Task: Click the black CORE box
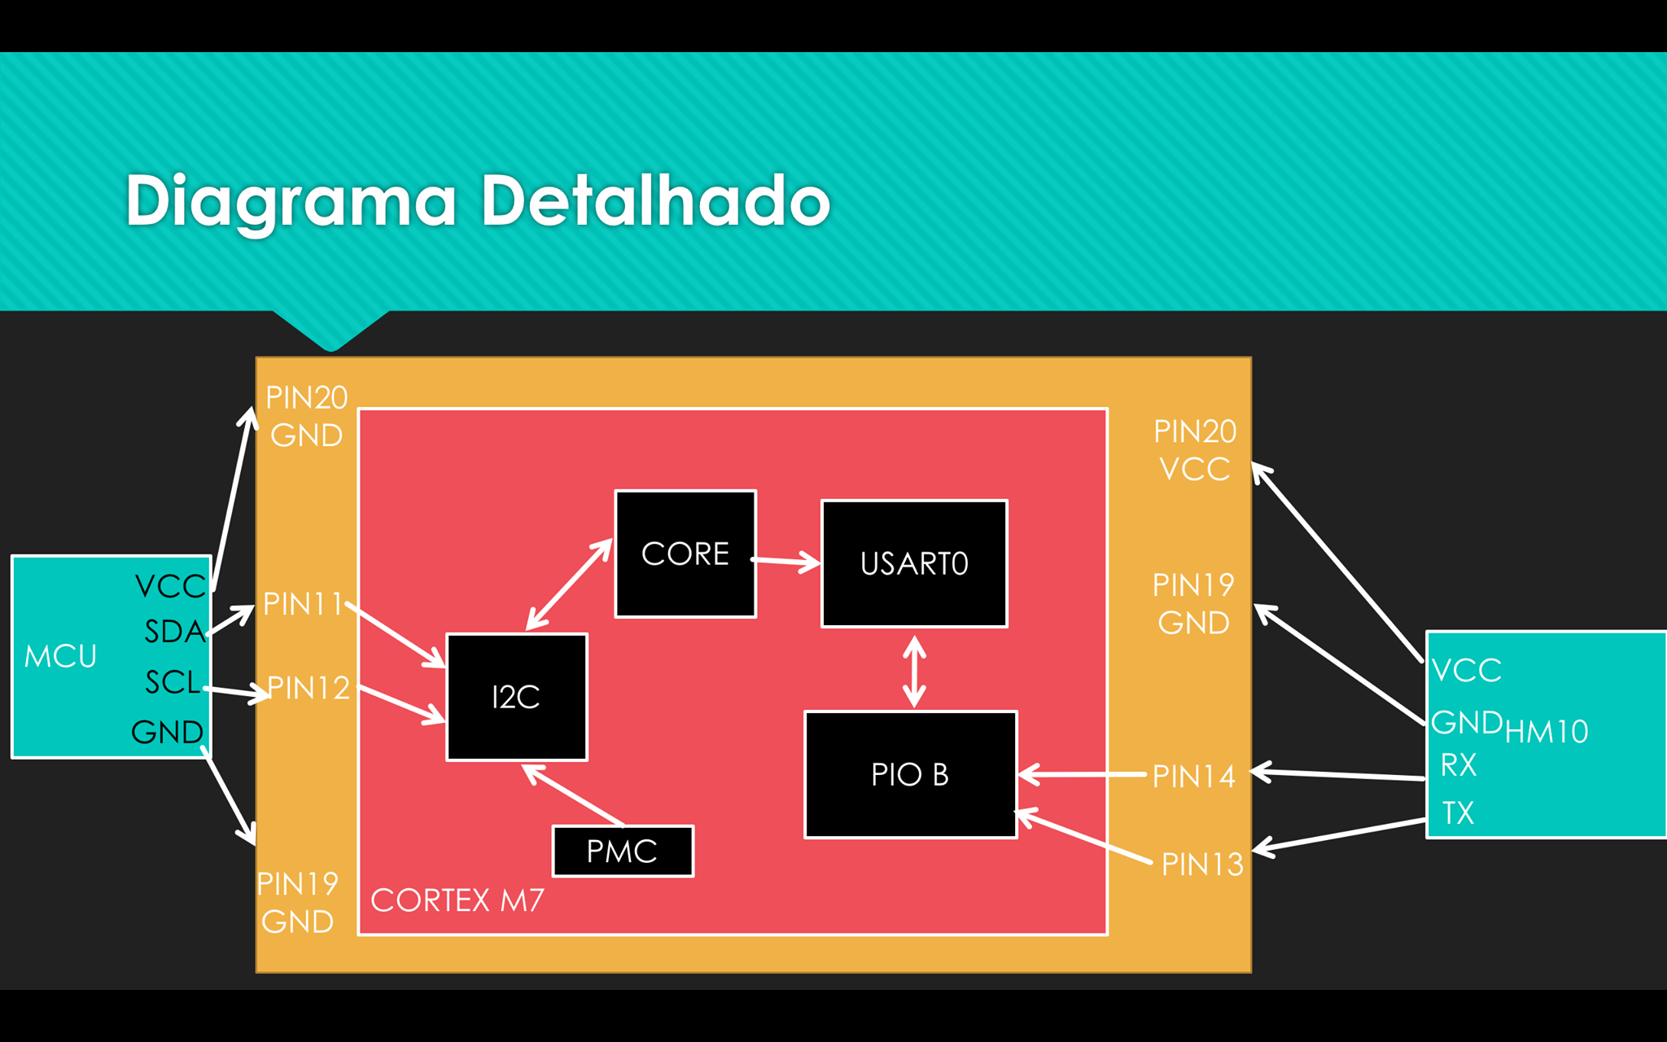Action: tap(685, 554)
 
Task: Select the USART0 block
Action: tap(914, 563)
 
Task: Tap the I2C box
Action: tap(517, 697)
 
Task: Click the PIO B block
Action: tap(911, 774)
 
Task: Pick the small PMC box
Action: tap(623, 852)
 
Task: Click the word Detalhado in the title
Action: tap(655, 200)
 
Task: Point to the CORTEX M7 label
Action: tap(457, 900)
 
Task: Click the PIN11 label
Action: tap(303, 604)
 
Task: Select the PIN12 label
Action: tap(308, 688)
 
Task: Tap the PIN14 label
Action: tap(1194, 777)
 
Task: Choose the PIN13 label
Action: tap(1202, 864)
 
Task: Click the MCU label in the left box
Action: tap(60, 656)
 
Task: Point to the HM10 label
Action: tap(1547, 732)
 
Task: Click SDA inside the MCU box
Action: tap(175, 632)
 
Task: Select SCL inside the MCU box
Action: tap(173, 682)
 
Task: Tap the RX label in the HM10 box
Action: tap(1459, 765)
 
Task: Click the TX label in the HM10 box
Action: tap(1458, 812)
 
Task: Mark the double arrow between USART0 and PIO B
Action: tap(915, 672)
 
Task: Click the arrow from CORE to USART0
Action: tap(785, 561)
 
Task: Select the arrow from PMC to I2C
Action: tap(573, 795)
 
